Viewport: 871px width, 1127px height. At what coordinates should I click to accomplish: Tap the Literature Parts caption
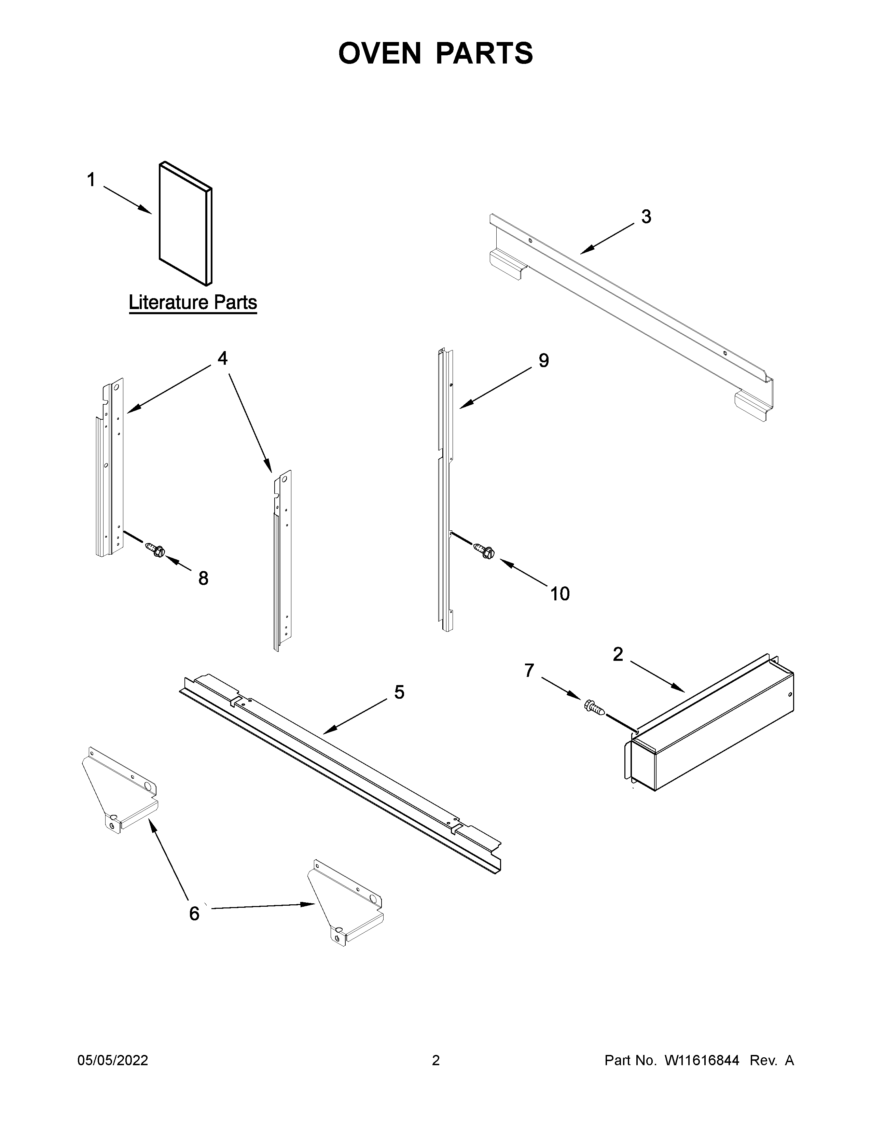pyautogui.click(x=192, y=302)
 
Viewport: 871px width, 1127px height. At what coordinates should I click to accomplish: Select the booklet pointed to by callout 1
pyautogui.click(x=185, y=224)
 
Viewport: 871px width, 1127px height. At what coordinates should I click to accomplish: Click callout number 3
pyautogui.click(x=646, y=217)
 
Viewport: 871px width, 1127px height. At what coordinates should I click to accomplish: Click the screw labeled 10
pyautogui.click(x=485, y=551)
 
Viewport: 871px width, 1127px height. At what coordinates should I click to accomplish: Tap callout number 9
pyautogui.click(x=543, y=360)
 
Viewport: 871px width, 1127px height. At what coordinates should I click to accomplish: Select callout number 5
pyautogui.click(x=399, y=692)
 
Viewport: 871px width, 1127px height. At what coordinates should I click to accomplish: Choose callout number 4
pyautogui.click(x=222, y=358)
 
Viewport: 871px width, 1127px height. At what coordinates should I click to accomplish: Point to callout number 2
pyautogui.click(x=618, y=654)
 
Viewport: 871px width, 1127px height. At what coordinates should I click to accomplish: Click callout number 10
pyautogui.click(x=560, y=594)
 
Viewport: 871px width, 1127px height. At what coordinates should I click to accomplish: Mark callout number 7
pyautogui.click(x=529, y=670)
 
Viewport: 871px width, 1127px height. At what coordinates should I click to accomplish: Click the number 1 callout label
pyautogui.click(x=91, y=180)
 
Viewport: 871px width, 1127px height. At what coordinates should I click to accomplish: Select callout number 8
pyautogui.click(x=203, y=579)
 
